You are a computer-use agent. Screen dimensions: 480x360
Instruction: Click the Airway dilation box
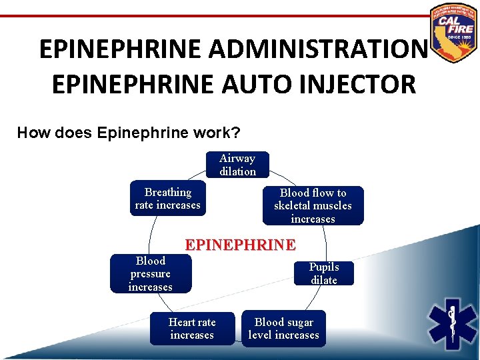click(237, 165)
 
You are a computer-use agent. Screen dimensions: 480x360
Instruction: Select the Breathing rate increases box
click(167, 199)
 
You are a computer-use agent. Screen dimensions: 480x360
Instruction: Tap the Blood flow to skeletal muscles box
click(313, 205)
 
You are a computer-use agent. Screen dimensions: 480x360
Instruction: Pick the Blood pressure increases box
click(150, 273)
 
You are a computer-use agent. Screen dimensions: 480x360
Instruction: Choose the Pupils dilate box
click(323, 273)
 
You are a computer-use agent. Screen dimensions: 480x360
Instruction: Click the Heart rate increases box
click(192, 329)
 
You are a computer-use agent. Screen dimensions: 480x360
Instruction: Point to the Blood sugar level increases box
click(283, 329)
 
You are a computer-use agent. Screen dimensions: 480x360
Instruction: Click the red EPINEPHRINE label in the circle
click(240, 245)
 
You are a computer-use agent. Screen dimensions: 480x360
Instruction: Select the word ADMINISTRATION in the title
click(317, 49)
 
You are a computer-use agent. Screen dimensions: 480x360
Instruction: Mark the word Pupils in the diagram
click(324, 267)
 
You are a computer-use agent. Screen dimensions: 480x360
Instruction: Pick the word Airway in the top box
click(237, 159)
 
